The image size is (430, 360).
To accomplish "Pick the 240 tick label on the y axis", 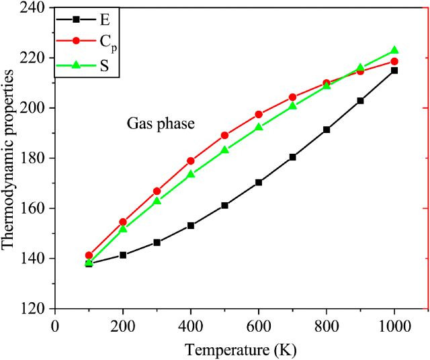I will pyautogui.click(x=34, y=8).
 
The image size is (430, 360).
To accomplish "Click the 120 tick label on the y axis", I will pyautogui.click(x=34, y=308).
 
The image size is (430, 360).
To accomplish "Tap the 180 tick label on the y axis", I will pyautogui.click(x=34, y=158).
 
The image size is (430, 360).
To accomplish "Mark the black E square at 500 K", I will pyautogui.click(x=224, y=206).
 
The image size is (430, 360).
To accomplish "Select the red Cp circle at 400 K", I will pyautogui.click(x=191, y=161).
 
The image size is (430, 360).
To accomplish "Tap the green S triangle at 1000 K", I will pyautogui.click(x=394, y=50).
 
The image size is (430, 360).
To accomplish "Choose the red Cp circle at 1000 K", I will pyautogui.click(x=394, y=62).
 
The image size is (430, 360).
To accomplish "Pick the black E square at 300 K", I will pyautogui.click(x=157, y=242).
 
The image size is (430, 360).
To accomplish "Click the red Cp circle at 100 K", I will pyautogui.click(x=89, y=256).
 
